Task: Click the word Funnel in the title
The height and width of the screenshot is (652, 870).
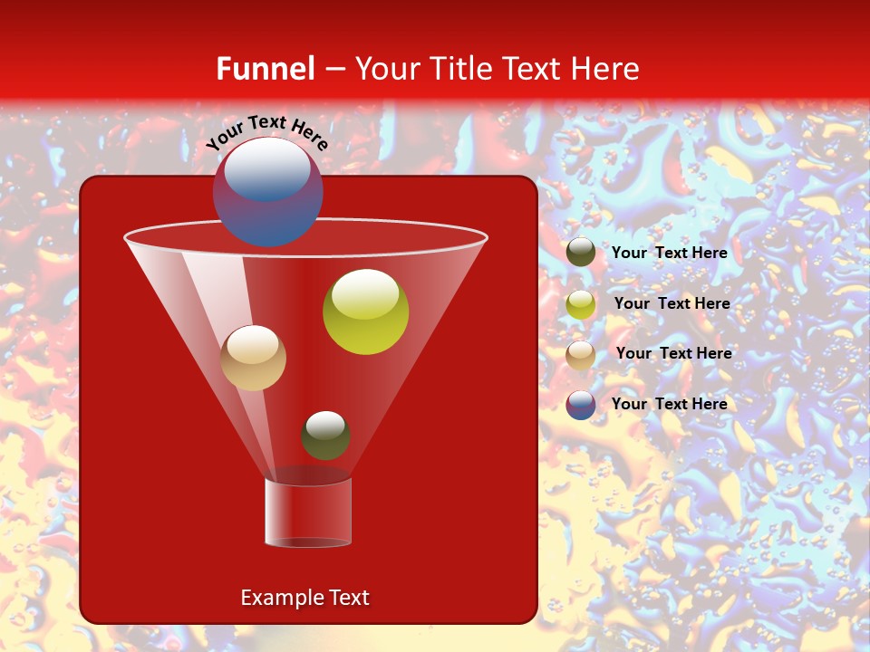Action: [x=265, y=69]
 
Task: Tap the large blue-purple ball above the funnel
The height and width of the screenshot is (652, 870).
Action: [x=267, y=192]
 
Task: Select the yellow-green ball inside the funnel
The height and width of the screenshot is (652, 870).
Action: [x=365, y=312]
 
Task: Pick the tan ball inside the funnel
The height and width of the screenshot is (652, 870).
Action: [x=253, y=359]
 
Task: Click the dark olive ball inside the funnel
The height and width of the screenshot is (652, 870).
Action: [x=325, y=436]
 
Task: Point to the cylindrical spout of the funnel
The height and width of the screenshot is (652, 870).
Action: [x=308, y=513]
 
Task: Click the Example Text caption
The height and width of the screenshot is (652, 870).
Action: [x=304, y=598]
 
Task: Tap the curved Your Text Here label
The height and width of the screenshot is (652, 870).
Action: [x=266, y=131]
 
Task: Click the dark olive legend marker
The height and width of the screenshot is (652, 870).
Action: [x=581, y=253]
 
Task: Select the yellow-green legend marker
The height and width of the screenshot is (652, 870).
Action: [x=581, y=304]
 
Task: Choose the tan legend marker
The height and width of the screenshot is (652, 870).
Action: [x=581, y=354]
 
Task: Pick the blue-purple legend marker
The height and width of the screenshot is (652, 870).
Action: [x=581, y=405]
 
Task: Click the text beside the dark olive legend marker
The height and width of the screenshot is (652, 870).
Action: [x=669, y=254]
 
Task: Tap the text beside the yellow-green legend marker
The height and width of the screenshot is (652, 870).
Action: [x=672, y=303]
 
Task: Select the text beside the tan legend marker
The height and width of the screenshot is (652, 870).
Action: [x=673, y=353]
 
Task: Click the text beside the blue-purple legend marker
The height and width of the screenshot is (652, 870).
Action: [x=669, y=404]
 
